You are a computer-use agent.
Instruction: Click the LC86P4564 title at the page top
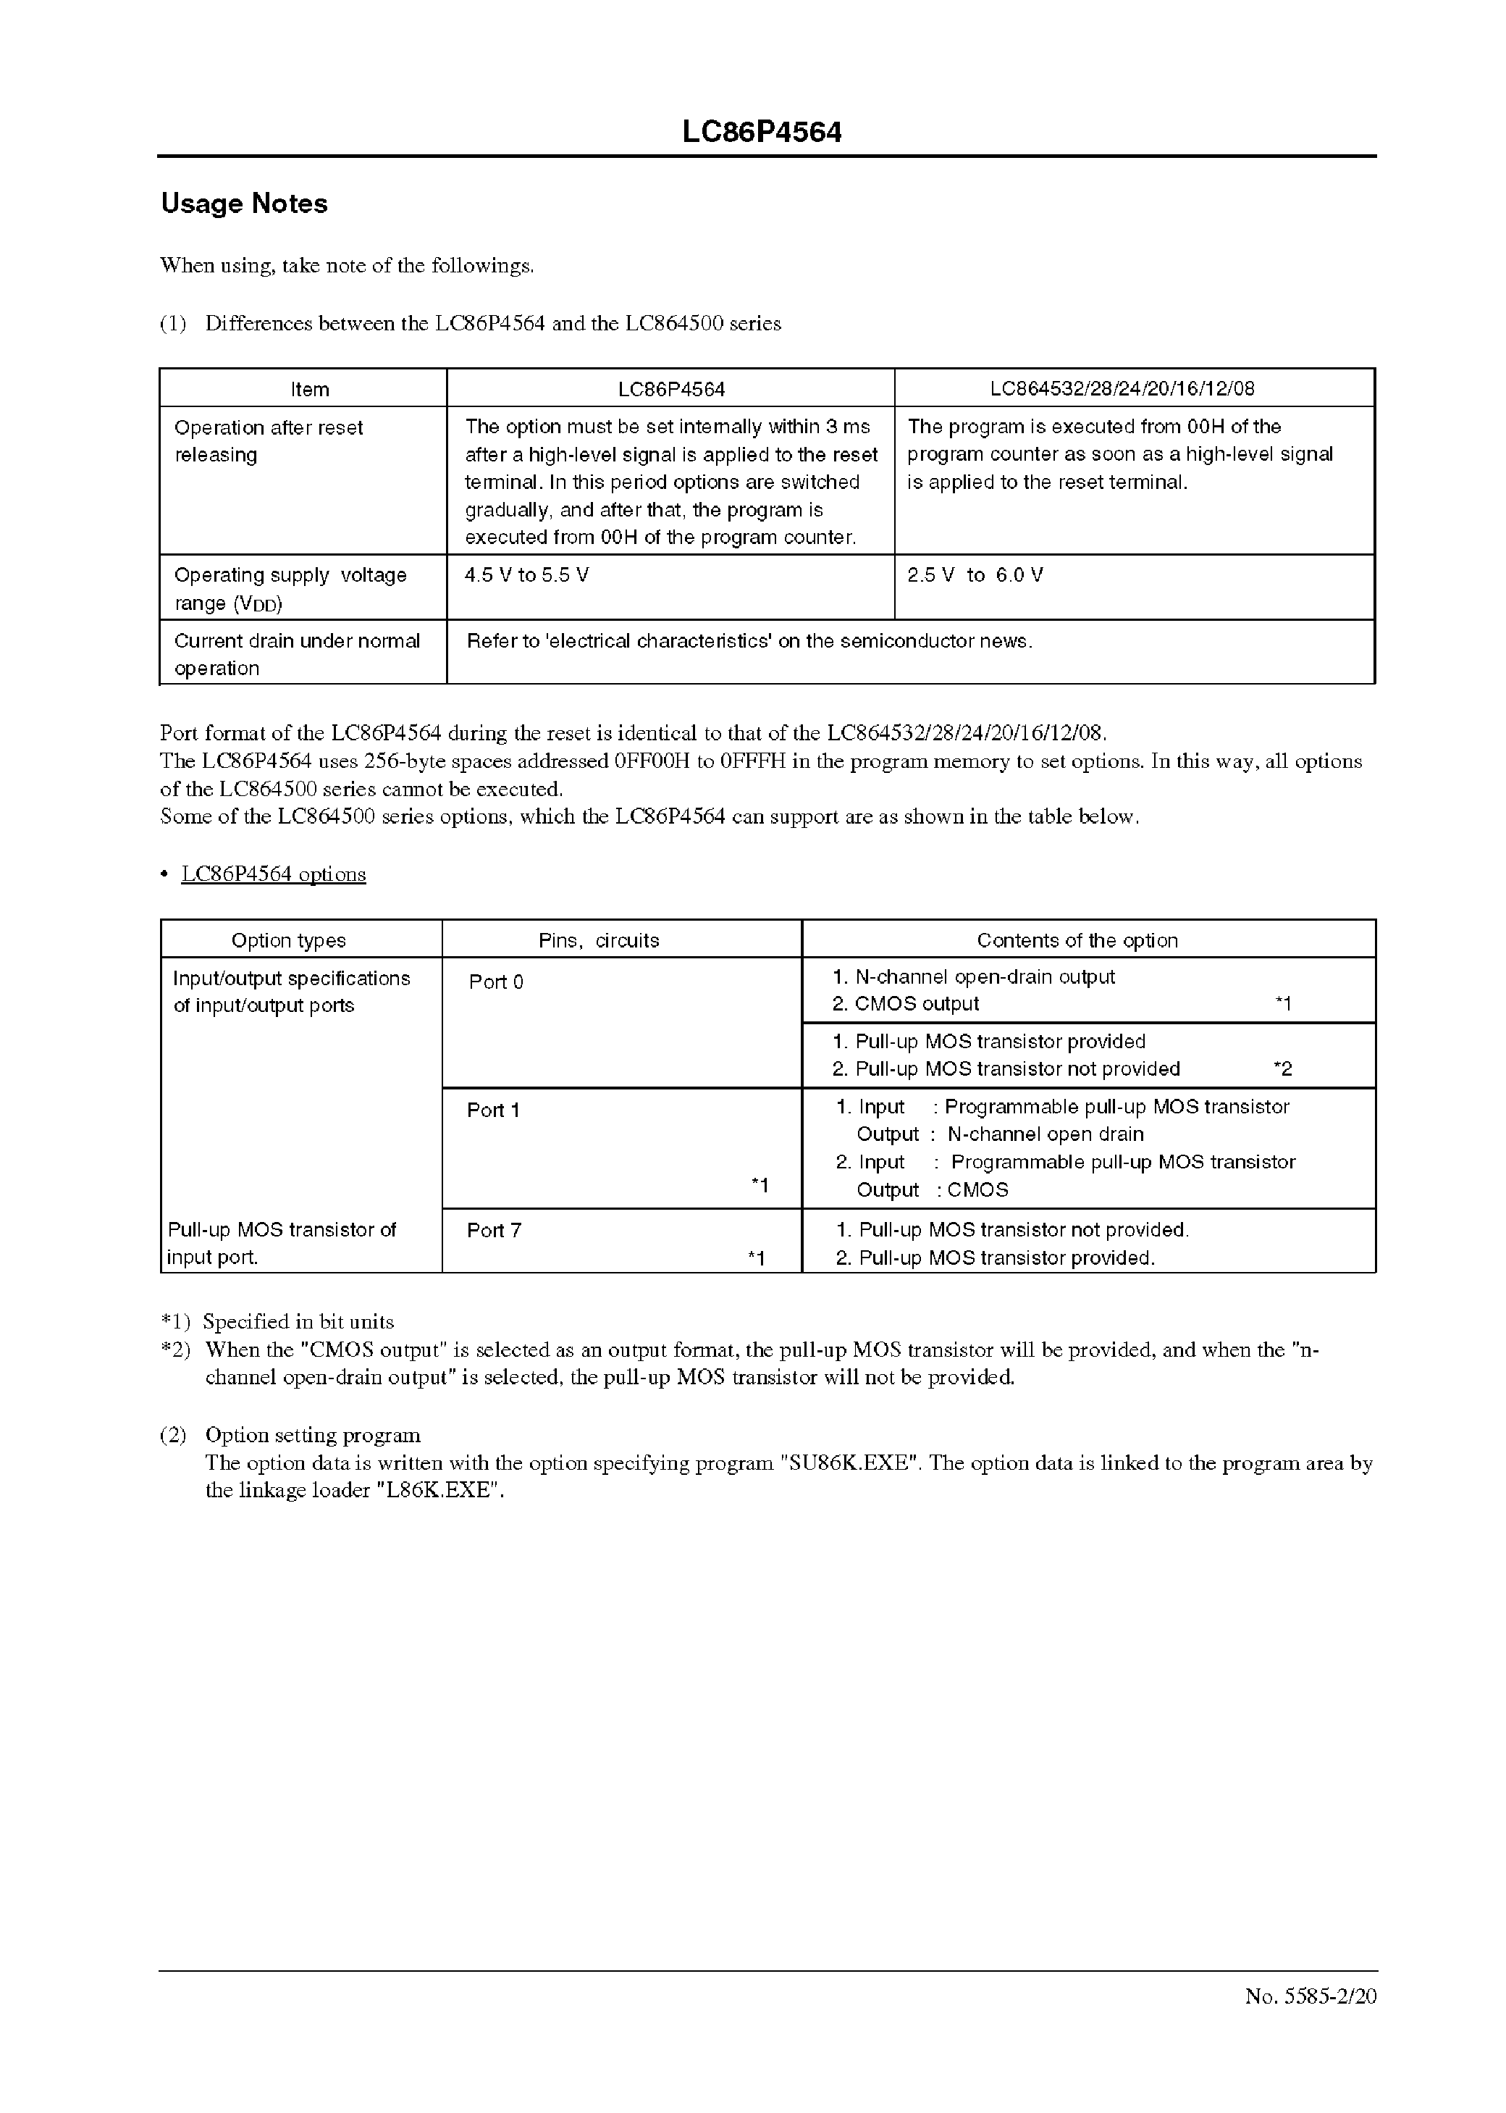click(x=762, y=133)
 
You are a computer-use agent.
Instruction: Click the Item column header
click(x=310, y=390)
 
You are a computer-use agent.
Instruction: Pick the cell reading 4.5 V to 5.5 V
click(x=526, y=575)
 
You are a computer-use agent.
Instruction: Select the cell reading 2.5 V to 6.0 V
click(x=975, y=575)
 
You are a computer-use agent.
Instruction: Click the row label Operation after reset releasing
click(x=268, y=440)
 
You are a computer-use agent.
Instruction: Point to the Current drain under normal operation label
click(x=297, y=654)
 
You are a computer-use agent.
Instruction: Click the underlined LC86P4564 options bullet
click(x=274, y=875)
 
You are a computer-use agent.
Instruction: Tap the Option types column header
click(x=288, y=940)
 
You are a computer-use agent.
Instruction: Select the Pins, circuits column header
click(x=599, y=940)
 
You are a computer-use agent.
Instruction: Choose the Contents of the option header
click(x=1077, y=940)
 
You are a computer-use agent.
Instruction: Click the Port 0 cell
click(x=496, y=982)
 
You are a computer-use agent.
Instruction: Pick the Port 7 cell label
click(x=495, y=1231)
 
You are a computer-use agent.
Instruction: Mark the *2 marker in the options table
click(x=1282, y=1069)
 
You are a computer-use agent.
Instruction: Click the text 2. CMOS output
click(x=905, y=1005)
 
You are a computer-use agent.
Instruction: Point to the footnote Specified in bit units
click(x=298, y=1322)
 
